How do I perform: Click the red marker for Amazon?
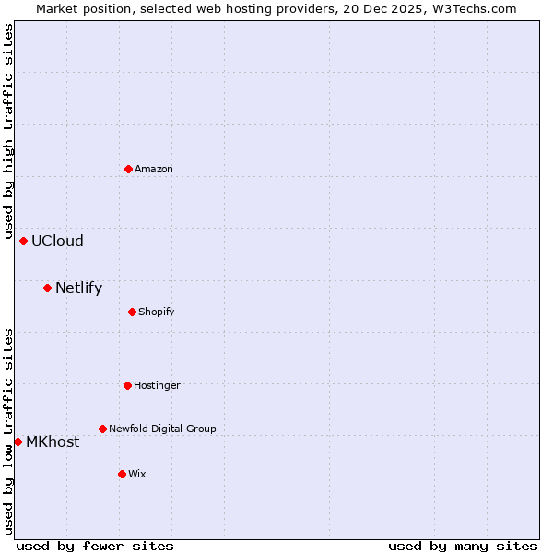click(x=128, y=169)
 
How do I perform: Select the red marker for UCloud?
click(x=23, y=241)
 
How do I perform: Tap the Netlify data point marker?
click(x=47, y=288)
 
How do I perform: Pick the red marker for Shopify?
click(x=133, y=312)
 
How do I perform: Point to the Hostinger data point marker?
click(x=127, y=385)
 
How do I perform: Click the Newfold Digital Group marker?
click(x=102, y=429)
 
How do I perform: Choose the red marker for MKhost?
click(x=18, y=441)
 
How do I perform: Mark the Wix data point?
click(x=122, y=474)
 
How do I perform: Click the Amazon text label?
click(x=154, y=169)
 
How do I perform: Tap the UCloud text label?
click(x=57, y=241)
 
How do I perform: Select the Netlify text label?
click(x=78, y=288)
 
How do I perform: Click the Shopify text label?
click(x=157, y=312)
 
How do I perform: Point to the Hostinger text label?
click(x=157, y=385)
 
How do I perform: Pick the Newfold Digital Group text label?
click(x=162, y=429)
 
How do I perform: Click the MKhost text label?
click(x=53, y=441)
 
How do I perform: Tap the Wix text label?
click(x=137, y=474)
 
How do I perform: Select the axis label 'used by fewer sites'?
click(x=95, y=546)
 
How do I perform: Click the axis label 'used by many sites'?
click(x=463, y=546)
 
